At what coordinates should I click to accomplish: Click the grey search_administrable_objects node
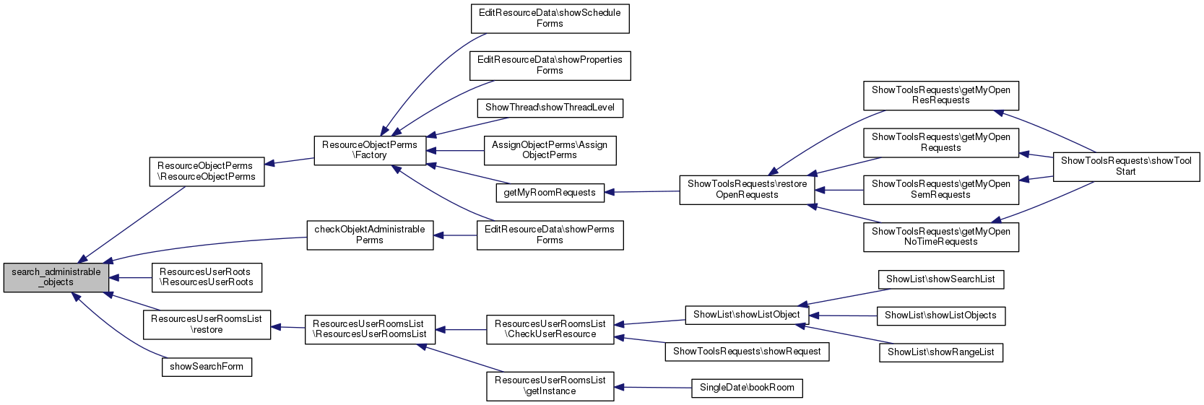click(x=56, y=277)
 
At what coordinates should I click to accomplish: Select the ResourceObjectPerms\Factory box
click(x=370, y=149)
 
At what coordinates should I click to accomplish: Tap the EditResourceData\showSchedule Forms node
click(x=550, y=18)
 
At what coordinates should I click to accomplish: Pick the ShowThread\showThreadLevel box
click(x=550, y=108)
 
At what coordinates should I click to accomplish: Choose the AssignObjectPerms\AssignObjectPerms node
click(x=550, y=149)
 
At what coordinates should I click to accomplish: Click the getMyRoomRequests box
click(x=550, y=193)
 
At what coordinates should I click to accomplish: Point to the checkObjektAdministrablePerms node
click(x=370, y=235)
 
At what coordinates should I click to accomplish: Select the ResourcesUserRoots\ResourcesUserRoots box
click(x=207, y=277)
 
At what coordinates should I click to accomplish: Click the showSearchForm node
click(x=207, y=367)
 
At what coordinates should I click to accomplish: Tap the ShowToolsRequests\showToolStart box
click(x=1126, y=166)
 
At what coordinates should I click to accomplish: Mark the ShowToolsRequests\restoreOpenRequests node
click(x=747, y=189)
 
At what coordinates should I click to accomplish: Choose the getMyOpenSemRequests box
click(x=940, y=189)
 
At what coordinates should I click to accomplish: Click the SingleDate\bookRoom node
click(x=747, y=388)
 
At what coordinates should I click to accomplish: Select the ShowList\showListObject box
click(x=747, y=315)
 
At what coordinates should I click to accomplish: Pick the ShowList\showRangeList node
click(x=940, y=352)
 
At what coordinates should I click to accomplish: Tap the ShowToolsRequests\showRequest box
click(x=747, y=352)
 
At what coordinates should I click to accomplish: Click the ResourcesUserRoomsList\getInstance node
click(x=550, y=386)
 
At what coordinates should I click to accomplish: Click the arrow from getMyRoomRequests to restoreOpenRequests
click(x=643, y=192)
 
